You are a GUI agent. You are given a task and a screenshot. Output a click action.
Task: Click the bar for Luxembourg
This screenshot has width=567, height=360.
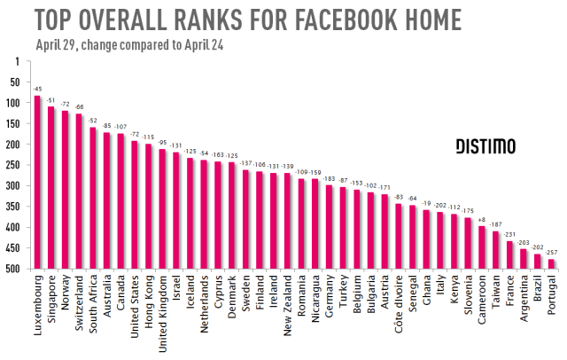[x=37, y=183]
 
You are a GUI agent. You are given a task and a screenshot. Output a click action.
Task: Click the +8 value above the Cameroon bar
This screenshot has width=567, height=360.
[x=480, y=219]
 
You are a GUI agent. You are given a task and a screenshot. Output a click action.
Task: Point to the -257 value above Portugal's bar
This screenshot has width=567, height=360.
[x=551, y=253]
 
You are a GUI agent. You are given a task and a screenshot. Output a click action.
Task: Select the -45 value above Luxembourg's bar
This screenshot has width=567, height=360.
[x=37, y=89]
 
